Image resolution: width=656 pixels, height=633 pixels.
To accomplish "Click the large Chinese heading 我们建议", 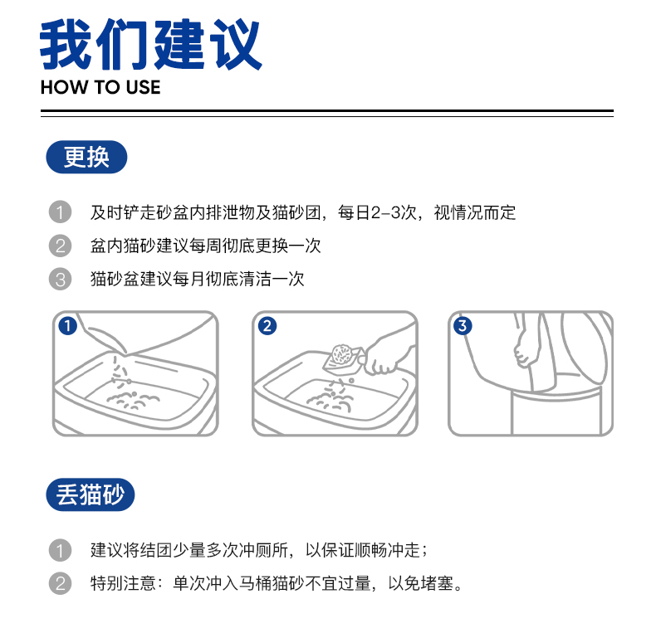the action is (x=150, y=44).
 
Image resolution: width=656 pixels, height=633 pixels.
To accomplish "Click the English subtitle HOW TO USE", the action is (x=100, y=87).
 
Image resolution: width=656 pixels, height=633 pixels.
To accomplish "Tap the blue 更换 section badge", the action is (x=86, y=157).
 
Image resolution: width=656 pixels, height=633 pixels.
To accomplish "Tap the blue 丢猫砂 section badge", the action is (x=90, y=494).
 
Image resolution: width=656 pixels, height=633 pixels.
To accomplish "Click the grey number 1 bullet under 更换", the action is (x=60, y=212).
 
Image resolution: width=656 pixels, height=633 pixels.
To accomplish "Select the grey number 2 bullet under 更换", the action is (x=60, y=246).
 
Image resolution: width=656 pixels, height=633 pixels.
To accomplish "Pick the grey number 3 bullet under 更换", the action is (x=60, y=279).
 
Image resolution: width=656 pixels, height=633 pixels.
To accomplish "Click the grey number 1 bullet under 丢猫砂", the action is (x=60, y=550).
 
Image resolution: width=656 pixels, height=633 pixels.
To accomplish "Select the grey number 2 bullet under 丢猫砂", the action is (x=60, y=583).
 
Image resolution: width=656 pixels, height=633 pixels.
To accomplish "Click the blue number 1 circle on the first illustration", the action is (x=67, y=326).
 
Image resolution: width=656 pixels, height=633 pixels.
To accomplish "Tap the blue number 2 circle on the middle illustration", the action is (x=267, y=326).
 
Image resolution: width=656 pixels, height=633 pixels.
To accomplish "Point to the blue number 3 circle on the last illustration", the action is (x=463, y=326).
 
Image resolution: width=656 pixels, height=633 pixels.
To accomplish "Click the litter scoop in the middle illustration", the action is (x=343, y=358).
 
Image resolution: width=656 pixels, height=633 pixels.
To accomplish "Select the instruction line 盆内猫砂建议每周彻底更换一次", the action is (x=205, y=246).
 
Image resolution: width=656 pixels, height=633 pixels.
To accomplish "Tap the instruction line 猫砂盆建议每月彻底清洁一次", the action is (x=197, y=279).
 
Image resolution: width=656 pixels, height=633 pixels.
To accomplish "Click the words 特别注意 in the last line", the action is (x=123, y=583).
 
